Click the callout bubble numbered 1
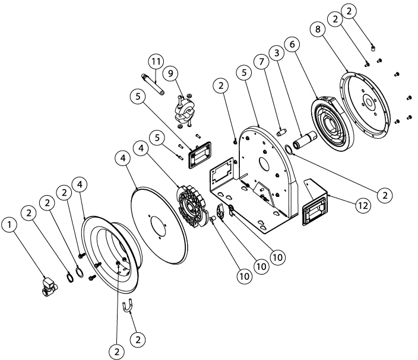pos(9,225)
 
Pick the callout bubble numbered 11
pos(155,61)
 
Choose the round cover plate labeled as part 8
pos(370,104)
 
